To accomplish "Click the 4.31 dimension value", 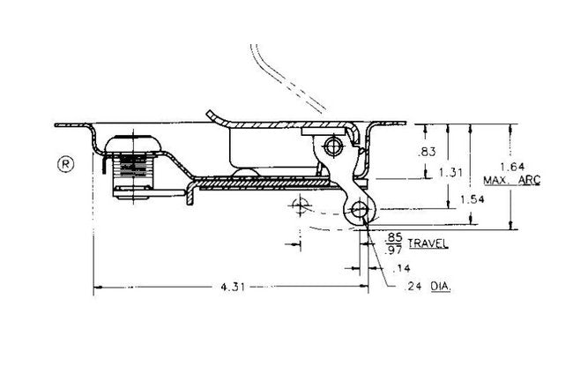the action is [x=233, y=287].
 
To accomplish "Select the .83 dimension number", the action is [x=427, y=152].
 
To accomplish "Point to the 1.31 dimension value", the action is [x=451, y=172].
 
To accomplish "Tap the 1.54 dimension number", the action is [x=473, y=199].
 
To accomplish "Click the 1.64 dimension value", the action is [x=512, y=167].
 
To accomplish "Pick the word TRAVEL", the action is [x=428, y=243].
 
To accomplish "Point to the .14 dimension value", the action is [x=401, y=269].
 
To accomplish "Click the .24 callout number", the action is [x=413, y=287].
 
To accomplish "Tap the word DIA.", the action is [x=441, y=287].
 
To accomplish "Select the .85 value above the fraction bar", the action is [x=394, y=237].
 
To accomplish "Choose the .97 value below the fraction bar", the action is [x=394, y=250].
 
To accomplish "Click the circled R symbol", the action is [x=66, y=164].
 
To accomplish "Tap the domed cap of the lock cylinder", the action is [x=133, y=144].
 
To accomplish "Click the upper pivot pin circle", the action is [x=333, y=146].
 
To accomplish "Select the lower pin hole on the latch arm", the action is [x=360, y=210].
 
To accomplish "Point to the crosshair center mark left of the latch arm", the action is [x=301, y=206].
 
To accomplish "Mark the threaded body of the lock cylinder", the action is [x=133, y=170].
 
